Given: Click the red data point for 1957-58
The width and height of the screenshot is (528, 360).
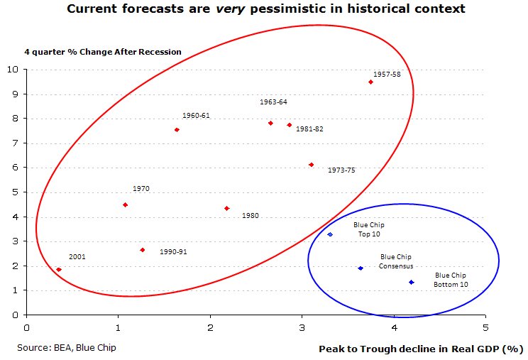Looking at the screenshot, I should point(370,82).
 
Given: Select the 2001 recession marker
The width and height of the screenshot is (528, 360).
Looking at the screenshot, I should point(58,270).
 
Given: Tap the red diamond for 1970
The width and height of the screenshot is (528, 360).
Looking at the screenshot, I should point(125,205).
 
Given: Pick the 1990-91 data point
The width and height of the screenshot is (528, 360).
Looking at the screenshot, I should point(143,250).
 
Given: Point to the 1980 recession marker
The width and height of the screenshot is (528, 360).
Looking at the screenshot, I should point(226,208).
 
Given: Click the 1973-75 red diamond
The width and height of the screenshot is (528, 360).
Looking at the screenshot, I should point(311,165).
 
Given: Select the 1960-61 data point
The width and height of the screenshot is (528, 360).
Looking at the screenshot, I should point(177,130).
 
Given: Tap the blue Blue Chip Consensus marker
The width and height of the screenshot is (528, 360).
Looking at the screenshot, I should point(361,268).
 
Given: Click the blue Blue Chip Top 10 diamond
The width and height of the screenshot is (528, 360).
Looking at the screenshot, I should point(330,234).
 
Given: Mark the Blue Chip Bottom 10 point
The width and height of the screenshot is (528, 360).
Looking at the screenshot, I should point(412,283).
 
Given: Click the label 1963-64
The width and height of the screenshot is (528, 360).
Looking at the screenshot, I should point(273,102).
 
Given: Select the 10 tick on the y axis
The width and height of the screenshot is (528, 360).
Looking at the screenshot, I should point(13,70).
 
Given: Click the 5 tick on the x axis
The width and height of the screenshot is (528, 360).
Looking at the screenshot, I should point(485,328).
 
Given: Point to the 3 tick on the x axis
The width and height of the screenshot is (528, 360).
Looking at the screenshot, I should point(302,328).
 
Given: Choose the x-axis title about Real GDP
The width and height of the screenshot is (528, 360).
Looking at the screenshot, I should point(421,349).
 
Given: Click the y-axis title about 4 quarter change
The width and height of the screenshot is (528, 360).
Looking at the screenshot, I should point(103,52).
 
